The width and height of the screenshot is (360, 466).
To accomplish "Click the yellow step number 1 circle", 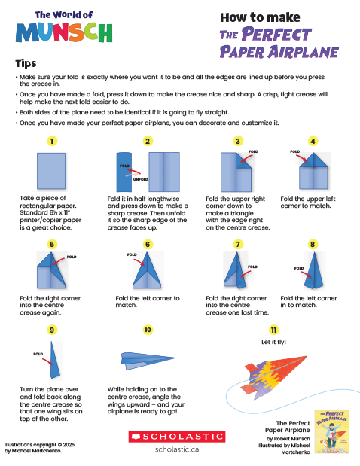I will click(52, 141).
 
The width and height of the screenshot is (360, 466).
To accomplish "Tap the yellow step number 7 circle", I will click(238, 245).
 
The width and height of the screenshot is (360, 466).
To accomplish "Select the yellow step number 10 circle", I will click(148, 330).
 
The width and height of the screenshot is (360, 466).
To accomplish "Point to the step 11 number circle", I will click(274, 330).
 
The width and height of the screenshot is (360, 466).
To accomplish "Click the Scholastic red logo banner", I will click(176, 436).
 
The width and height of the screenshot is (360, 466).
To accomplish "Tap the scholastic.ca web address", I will click(176, 449).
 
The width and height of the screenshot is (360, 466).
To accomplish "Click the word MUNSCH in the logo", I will click(63, 32).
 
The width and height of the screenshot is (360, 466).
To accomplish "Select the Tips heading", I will click(26, 64).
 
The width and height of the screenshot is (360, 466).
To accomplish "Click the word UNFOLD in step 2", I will click(140, 180).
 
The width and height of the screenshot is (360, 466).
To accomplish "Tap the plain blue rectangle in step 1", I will click(52, 171).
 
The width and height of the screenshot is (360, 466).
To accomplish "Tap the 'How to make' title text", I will click(258, 17).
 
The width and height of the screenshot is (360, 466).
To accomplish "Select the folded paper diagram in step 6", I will click(148, 272).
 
